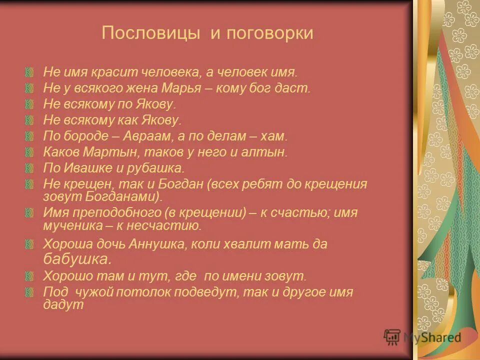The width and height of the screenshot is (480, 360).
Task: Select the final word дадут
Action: click(x=62, y=304)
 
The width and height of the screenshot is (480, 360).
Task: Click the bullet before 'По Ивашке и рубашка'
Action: click(x=31, y=168)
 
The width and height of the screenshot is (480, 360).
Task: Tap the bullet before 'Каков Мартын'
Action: click(x=31, y=152)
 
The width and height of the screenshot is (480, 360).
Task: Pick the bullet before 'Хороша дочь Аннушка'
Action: click(x=31, y=244)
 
